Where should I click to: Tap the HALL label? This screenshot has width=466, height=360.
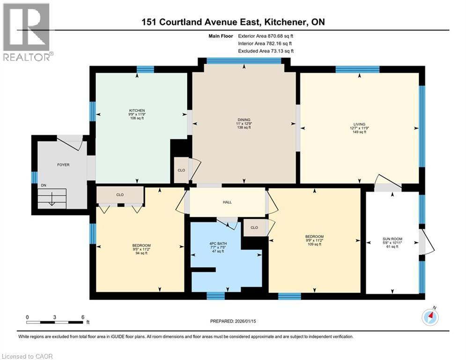tap(227, 202)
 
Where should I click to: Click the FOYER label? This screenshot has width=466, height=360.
tap(63, 165)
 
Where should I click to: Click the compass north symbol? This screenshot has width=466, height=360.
tap(430, 317)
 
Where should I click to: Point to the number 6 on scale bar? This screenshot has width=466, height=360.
tap(82, 317)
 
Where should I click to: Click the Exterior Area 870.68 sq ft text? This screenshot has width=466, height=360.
tap(266, 36)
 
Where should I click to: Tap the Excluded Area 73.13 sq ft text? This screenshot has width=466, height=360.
tap(266, 51)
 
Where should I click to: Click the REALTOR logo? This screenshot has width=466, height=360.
tap(27, 32)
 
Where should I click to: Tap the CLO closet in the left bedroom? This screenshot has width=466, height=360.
tap(119, 195)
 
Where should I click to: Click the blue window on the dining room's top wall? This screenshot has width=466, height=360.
tap(244, 60)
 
